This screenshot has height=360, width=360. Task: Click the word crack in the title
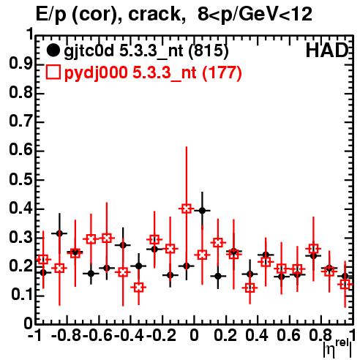click(154, 14)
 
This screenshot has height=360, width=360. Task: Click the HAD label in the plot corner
click(327, 50)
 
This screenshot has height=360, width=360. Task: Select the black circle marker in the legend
click(53, 50)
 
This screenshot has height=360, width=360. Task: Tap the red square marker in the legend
click(53, 72)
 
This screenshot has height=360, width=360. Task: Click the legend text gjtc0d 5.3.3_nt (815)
click(146, 51)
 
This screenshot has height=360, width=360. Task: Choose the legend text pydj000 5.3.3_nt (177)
click(153, 72)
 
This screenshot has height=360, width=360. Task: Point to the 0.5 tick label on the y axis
click(21, 180)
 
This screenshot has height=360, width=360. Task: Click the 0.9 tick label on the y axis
click(21, 64)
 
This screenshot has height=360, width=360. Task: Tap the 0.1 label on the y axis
click(21, 295)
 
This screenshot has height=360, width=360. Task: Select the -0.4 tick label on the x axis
click(130, 335)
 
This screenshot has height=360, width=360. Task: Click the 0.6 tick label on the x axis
click(288, 335)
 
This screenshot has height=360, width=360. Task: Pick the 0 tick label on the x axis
click(194, 335)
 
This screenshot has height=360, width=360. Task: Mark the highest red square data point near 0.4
click(187, 209)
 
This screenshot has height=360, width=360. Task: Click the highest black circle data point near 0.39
click(202, 210)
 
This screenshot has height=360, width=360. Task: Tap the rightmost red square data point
click(345, 284)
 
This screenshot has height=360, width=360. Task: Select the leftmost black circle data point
click(43, 272)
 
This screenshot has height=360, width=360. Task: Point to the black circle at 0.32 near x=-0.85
click(59, 233)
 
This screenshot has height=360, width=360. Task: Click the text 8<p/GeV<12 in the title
click(255, 14)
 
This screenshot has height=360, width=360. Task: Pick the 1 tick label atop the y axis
click(30, 34)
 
